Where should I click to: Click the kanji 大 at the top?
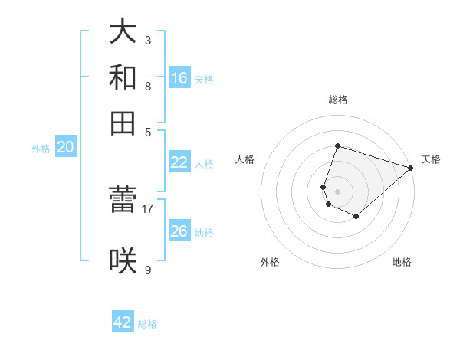[x=123, y=31]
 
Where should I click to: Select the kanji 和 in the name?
[x=123, y=77]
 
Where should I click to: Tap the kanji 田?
[x=123, y=123]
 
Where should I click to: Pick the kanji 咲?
[x=123, y=260]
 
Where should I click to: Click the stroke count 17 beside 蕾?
[x=147, y=208]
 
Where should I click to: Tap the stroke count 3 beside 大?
[x=147, y=39]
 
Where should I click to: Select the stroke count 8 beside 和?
[x=147, y=86]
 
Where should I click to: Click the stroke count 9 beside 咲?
[x=147, y=269]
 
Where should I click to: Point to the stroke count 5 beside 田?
[x=147, y=131]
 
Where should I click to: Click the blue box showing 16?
[x=179, y=77]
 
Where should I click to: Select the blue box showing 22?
[x=179, y=162]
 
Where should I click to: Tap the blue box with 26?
[x=179, y=231]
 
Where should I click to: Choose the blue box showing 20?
[x=65, y=148]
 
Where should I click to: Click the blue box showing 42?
[x=123, y=322]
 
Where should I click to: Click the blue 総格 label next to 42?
[x=148, y=324]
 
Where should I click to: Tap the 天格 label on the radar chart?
[x=431, y=159]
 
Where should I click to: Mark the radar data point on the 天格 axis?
[x=411, y=168]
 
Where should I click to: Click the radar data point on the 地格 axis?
[x=356, y=217]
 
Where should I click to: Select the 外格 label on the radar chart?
[x=270, y=262]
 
